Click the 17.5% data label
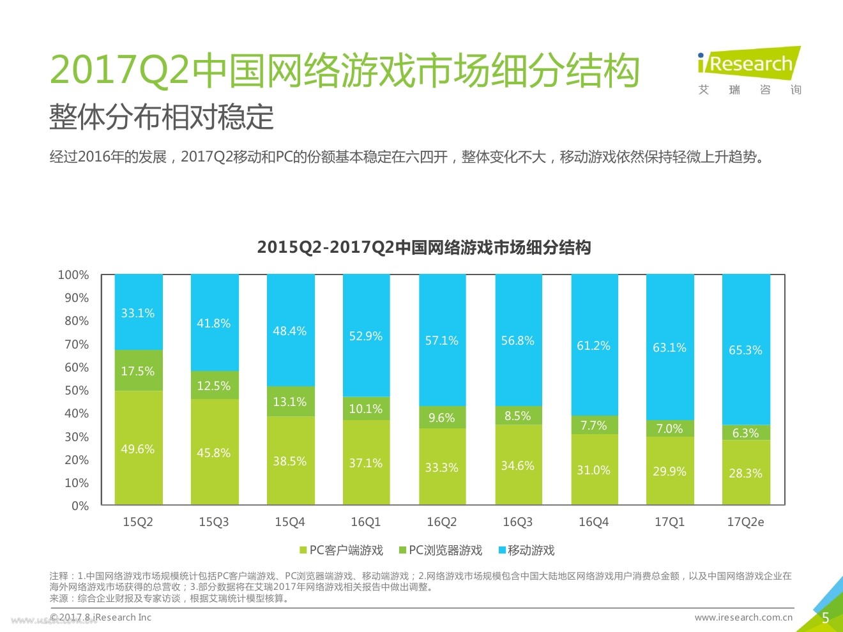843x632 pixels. (138, 371)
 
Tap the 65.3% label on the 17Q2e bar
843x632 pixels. (745, 350)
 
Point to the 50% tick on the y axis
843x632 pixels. (77, 390)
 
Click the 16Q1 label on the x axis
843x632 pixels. (366, 522)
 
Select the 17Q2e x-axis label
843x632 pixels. (745, 522)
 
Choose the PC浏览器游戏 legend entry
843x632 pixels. (441, 550)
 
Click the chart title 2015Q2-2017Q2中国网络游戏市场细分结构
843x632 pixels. (424, 248)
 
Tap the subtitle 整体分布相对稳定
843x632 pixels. (162, 117)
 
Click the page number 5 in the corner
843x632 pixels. (825, 618)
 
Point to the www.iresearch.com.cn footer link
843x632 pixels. (743, 617)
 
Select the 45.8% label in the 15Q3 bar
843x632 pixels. (214, 453)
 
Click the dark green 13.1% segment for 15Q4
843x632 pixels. (290, 402)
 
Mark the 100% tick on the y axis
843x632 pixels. (73, 275)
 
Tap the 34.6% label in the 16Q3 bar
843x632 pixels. (517, 465)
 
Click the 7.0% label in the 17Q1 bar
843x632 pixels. (669, 428)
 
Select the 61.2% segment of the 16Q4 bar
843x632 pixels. (594, 345)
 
